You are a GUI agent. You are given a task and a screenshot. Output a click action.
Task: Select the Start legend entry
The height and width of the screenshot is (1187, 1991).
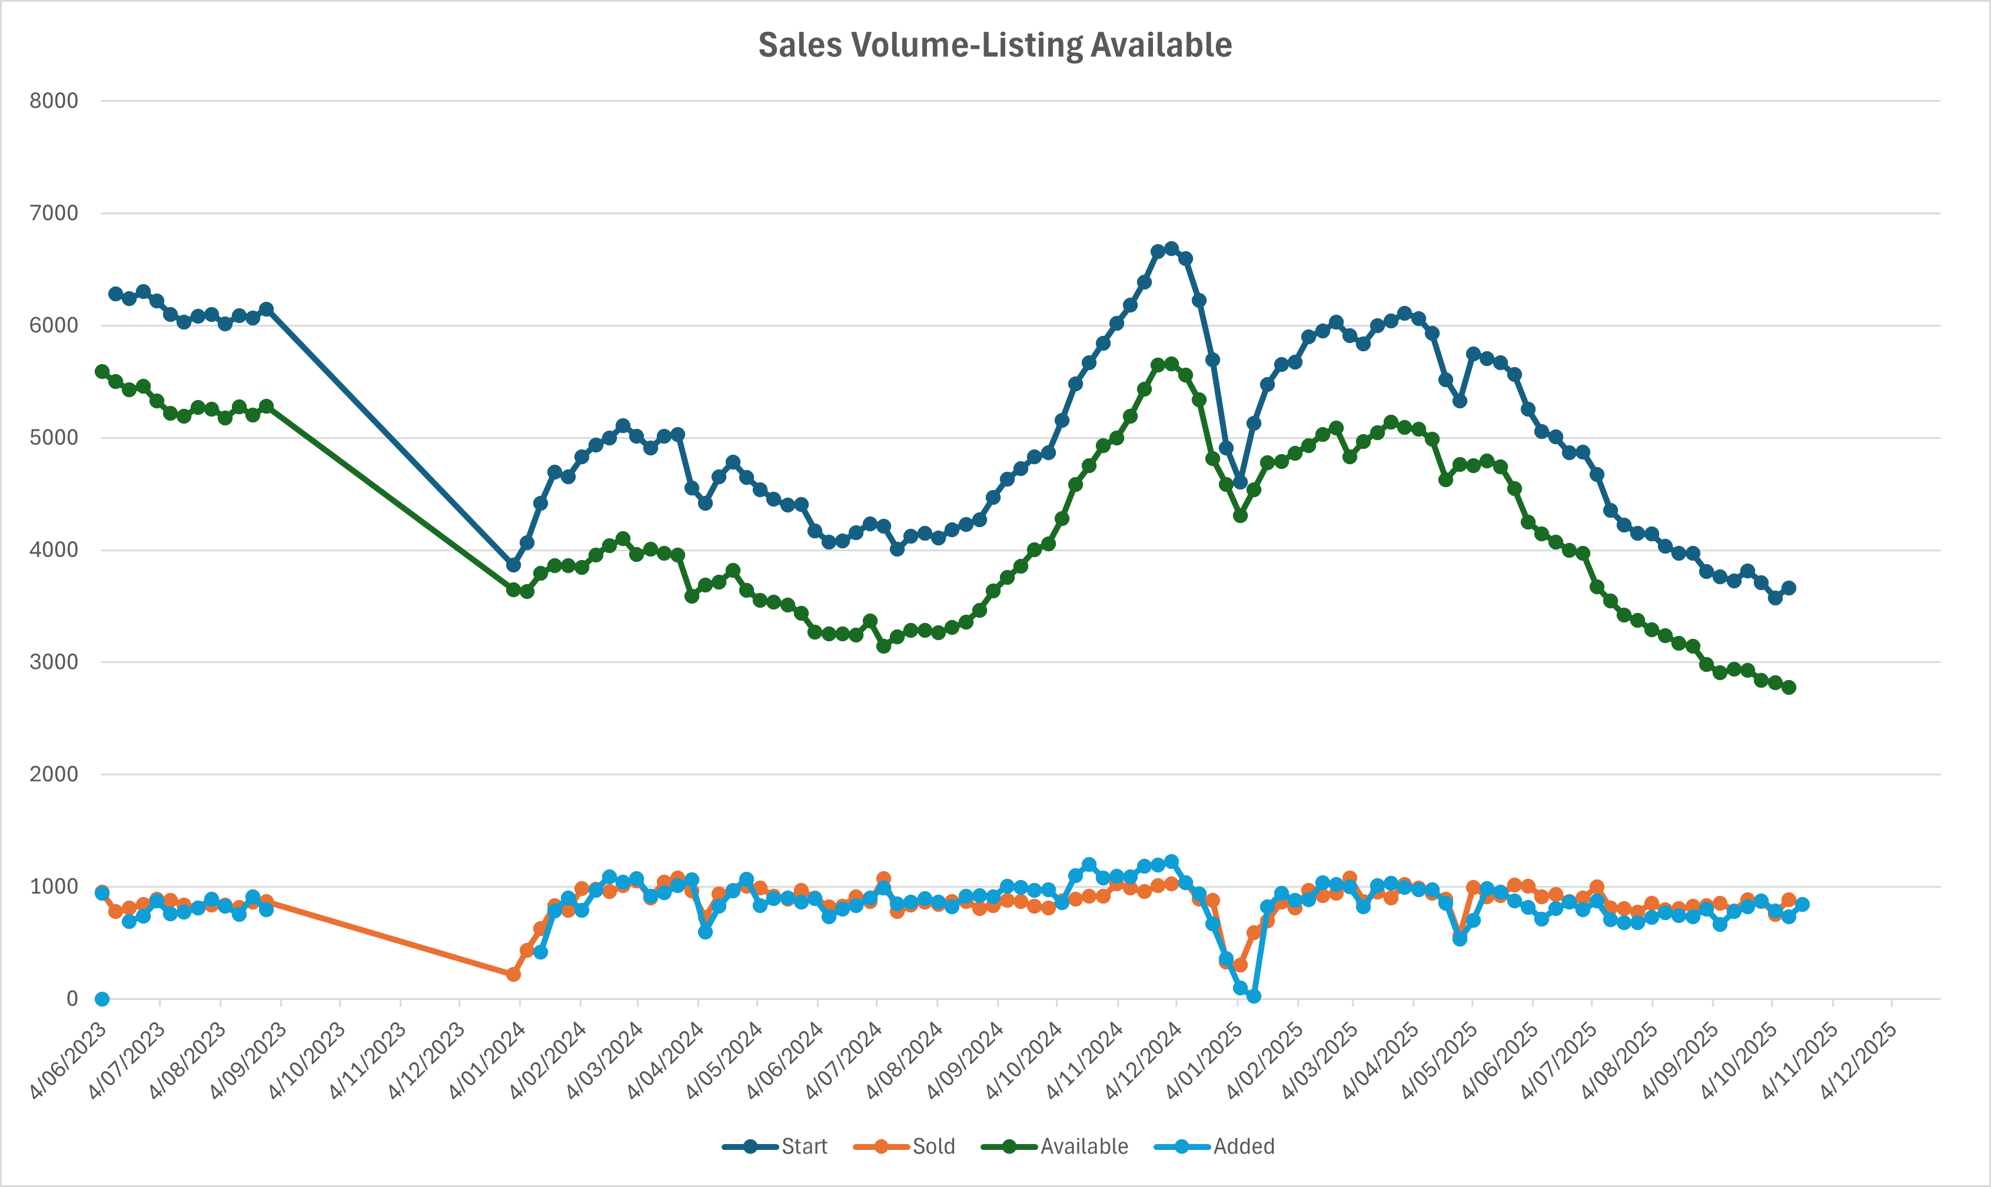click(803, 1146)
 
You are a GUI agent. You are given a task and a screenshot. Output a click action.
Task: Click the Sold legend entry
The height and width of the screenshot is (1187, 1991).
click(933, 1146)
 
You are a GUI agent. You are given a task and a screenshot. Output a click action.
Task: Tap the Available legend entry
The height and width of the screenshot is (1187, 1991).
click(1083, 1146)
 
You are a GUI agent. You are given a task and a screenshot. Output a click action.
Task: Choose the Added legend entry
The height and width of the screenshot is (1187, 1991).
click(1243, 1146)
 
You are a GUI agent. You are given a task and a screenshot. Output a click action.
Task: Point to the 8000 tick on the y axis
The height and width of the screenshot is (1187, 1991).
click(54, 101)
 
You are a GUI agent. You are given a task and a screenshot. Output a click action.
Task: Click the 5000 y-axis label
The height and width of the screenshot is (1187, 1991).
click(54, 438)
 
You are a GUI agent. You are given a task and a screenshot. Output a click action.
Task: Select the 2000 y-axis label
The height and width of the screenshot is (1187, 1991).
click(54, 774)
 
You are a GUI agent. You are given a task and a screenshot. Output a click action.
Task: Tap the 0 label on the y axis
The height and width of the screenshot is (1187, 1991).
click(72, 998)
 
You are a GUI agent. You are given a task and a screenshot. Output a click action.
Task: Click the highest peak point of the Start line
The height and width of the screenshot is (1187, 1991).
click(1172, 249)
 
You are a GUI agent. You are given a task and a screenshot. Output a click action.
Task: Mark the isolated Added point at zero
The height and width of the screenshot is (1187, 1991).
click(102, 998)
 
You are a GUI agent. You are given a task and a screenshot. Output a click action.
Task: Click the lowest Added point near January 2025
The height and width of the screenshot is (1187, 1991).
click(1253, 996)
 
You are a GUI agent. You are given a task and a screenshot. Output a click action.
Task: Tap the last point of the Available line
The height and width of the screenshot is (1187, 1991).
click(1789, 687)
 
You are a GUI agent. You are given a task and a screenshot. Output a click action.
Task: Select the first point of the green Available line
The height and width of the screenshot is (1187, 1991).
click(102, 372)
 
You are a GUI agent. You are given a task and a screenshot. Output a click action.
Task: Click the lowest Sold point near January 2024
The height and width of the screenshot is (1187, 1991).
click(513, 974)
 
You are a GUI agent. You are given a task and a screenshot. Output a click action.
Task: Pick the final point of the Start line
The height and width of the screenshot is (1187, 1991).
click(1789, 588)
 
